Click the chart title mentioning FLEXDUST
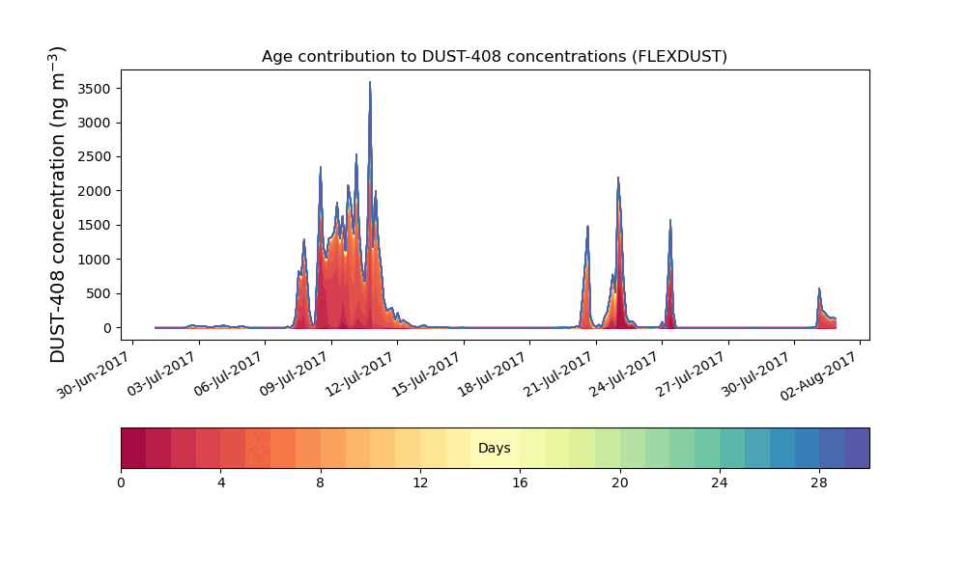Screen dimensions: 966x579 click(494, 57)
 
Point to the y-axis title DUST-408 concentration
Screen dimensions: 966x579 click(57, 205)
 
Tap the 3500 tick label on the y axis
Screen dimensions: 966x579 click(94, 89)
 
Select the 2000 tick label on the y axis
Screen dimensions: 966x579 click(94, 191)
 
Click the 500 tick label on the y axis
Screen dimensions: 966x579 click(98, 293)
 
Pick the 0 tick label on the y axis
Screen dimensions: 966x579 click(107, 328)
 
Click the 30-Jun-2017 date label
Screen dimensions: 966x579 click(95, 374)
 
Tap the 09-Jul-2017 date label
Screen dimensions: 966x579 click(294, 374)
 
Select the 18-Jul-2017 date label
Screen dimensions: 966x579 click(492, 374)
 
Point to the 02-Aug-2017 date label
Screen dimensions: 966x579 click(819, 376)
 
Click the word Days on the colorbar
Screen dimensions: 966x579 click(494, 448)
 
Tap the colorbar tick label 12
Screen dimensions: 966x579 click(420, 483)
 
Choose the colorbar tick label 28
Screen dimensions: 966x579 click(819, 483)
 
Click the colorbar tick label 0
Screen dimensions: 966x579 click(121, 483)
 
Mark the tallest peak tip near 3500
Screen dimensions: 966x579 click(370, 82)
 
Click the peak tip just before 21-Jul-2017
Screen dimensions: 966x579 click(587, 227)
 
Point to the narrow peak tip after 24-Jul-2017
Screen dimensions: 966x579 click(670, 220)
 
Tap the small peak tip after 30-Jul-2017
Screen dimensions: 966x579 click(819, 289)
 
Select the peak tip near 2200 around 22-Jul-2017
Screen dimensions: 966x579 click(618, 178)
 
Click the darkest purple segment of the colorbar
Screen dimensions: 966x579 click(857, 448)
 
